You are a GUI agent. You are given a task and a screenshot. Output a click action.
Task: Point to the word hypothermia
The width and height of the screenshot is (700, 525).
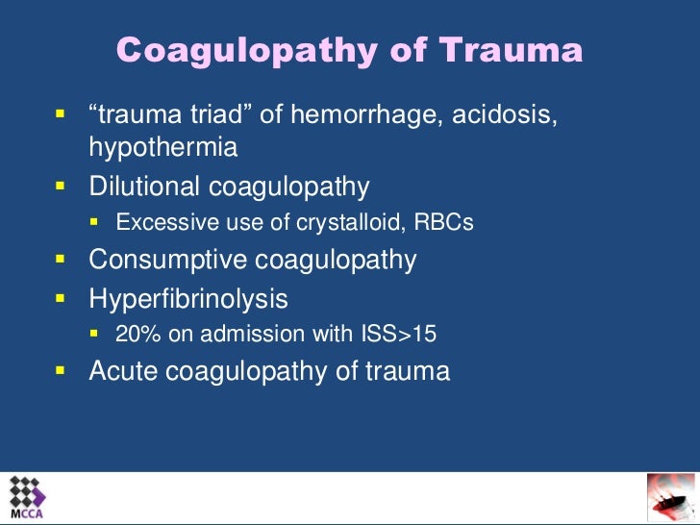pos(163,149)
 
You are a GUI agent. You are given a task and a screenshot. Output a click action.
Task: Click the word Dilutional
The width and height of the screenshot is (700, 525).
pos(143,186)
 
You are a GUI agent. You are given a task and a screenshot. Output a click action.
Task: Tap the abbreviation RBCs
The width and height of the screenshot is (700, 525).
pos(445,223)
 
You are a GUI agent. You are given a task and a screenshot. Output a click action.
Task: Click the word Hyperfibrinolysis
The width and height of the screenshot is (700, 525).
pos(188,298)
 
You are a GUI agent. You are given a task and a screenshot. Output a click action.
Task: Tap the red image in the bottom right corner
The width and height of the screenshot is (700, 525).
pos(670,497)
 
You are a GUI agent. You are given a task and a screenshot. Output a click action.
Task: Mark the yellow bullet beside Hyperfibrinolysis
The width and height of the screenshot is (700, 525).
pos(60,297)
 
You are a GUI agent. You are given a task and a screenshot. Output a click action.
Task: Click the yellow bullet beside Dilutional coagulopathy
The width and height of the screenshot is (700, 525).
pos(60,185)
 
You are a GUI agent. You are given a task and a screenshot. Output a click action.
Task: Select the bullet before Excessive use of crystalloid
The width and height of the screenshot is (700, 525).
pos(95,222)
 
